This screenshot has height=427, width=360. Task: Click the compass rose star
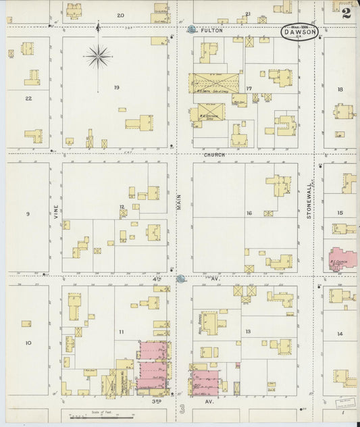pyautogui.click(x=99, y=56)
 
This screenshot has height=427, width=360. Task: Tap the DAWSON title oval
pyautogui.click(x=299, y=32)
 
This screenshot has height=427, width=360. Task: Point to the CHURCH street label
pyautogui.click(x=215, y=155)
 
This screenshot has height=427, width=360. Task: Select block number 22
pyautogui.click(x=28, y=99)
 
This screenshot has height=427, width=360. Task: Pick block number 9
pyautogui.click(x=28, y=214)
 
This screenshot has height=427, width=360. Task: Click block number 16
pyautogui.click(x=249, y=214)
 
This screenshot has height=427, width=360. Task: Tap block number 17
pyautogui.click(x=249, y=89)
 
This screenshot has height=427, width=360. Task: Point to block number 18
pyautogui.click(x=340, y=89)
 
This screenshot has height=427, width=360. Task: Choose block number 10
pyautogui.click(x=28, y=343)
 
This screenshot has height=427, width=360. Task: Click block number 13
pyautogui.click(x=248, y=332)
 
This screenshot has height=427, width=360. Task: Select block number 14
pyautogui.click(x=340, y=334)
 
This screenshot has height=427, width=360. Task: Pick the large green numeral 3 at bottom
pyautogui.click(x=182, y=409)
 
